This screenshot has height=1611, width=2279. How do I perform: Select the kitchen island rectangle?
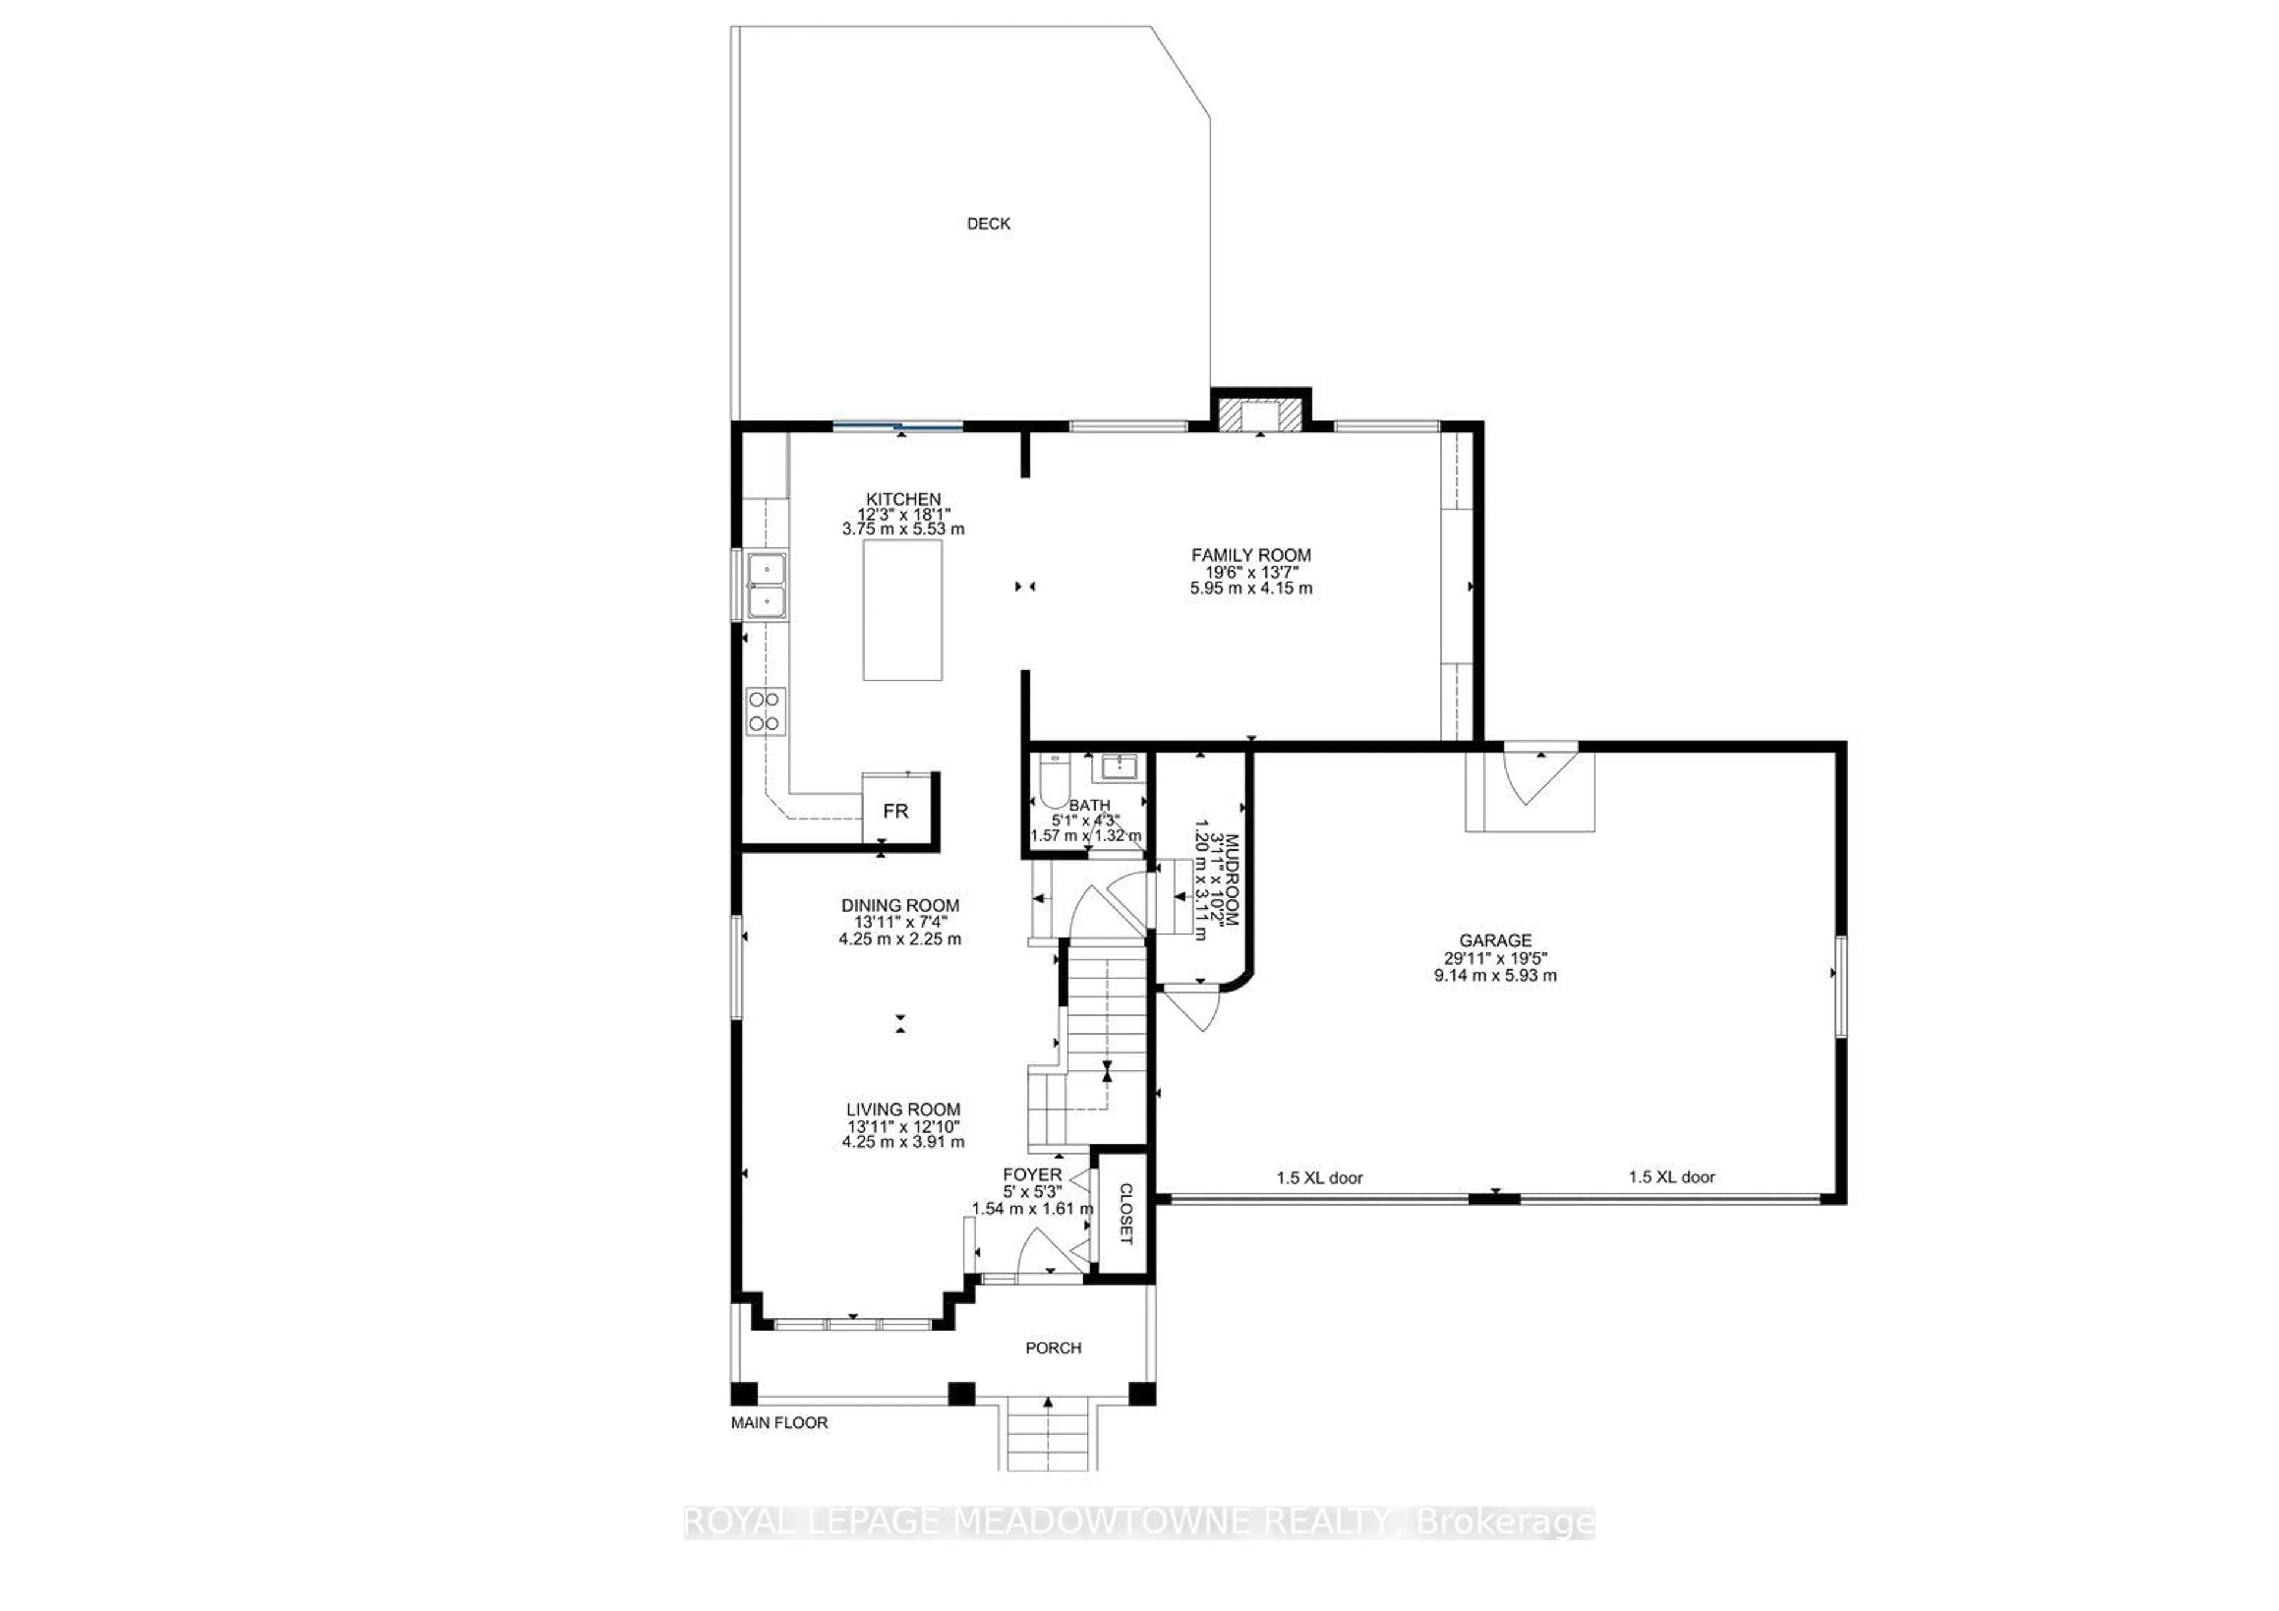[x=902, y=610]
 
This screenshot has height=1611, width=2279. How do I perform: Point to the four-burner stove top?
[x=764, y=711]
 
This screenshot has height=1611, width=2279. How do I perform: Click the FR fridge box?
[x=896, y=811]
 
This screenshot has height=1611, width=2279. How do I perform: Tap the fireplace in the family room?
[x=1259, y=417]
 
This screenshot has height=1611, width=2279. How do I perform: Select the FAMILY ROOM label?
[x=1250, y=555]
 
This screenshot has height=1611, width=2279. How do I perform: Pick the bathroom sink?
[x=1119, y=768]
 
